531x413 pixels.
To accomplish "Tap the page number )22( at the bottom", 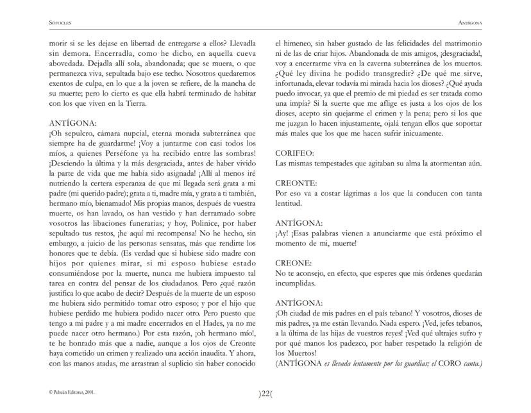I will pyautogui.click(x=265, y=394).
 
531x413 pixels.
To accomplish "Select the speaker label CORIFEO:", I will pyautogui.click(x=294, y=154).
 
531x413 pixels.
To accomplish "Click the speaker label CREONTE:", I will pyautogui.click(x=296, y=183).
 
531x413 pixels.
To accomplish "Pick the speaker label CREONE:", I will pyautogui.click(x=293, y=263).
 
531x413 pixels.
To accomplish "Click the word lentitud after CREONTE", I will pyautogui.click(x=288, y=203).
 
